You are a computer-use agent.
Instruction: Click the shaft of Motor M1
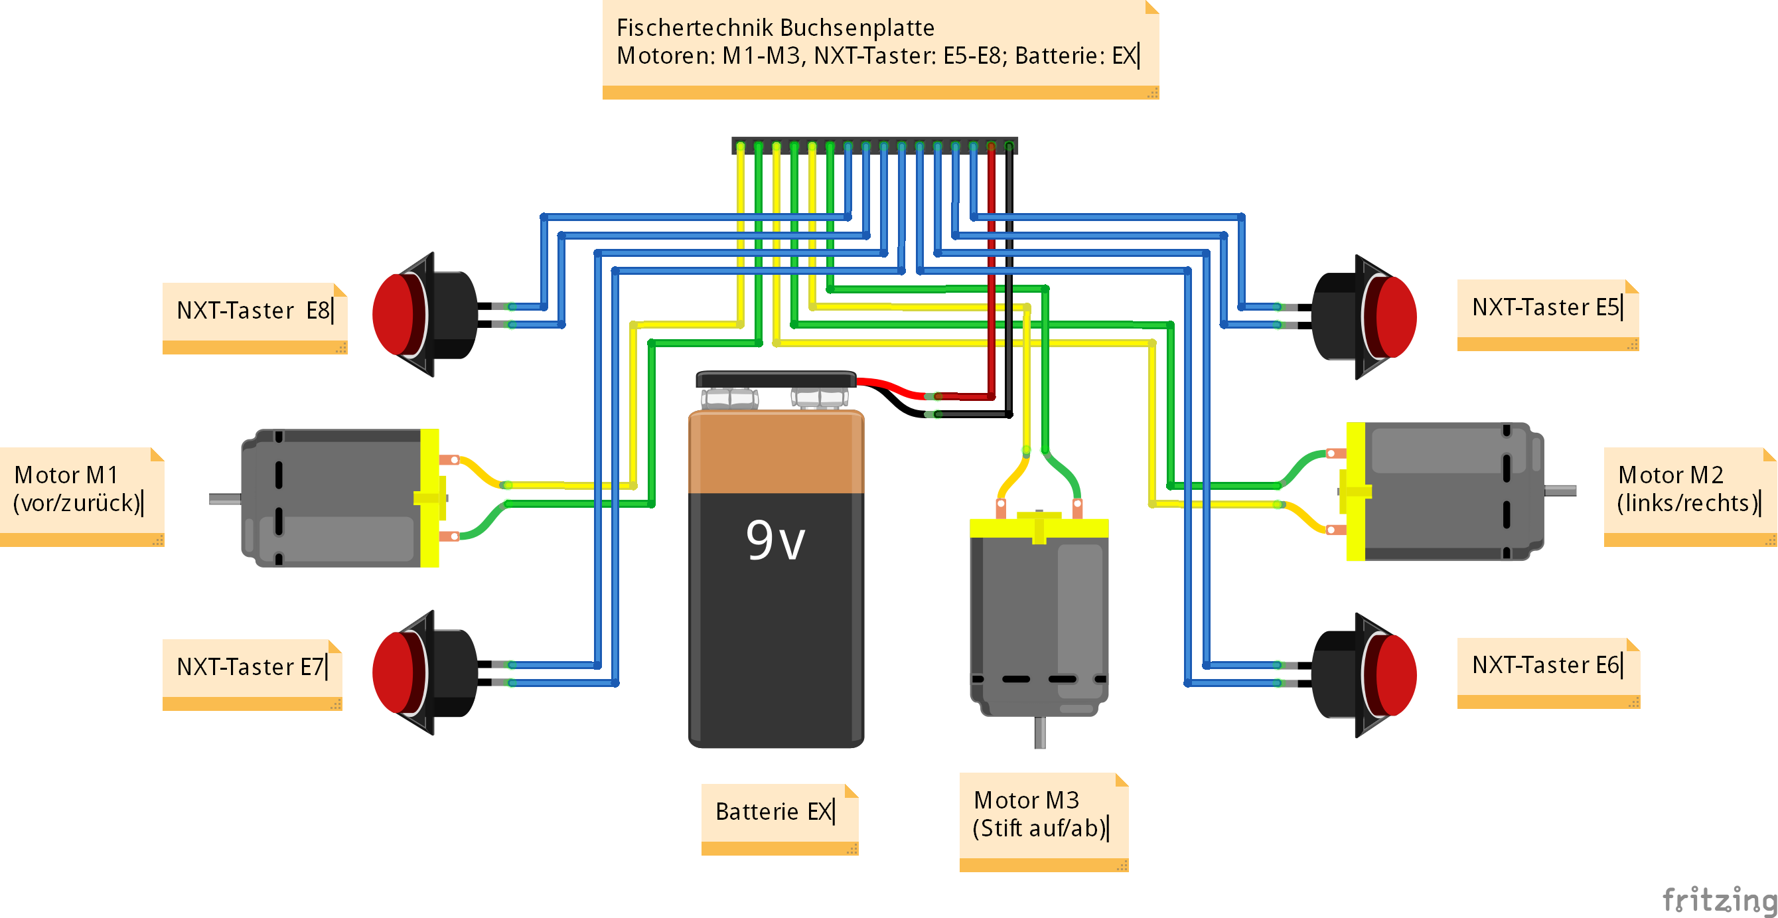pos(224,498)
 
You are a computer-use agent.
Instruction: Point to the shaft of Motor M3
pos(1040,733)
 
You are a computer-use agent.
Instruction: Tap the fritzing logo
pos(1718,900)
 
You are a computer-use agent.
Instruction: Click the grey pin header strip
pos(874,145)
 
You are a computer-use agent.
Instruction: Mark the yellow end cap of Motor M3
pos(1039,529)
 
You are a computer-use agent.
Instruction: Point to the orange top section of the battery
pos(776,452)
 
